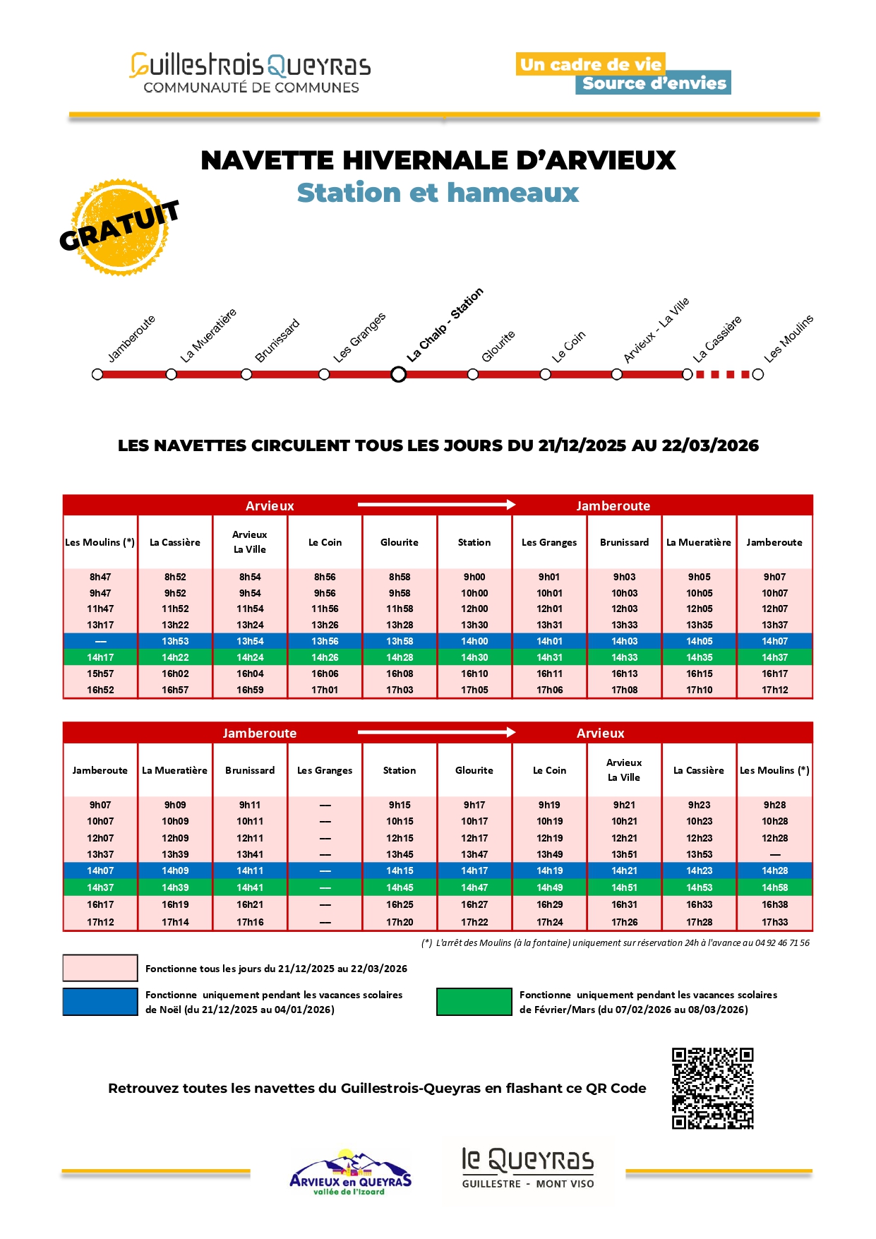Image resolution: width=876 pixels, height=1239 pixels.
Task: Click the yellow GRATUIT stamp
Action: [x=120, y=227]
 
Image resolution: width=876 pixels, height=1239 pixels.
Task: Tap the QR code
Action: [x=712, y=1088]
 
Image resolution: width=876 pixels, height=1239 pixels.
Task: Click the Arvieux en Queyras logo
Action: [x=350, y=1172]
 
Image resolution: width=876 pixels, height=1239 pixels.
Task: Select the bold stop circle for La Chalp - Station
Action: [x=398, y=374]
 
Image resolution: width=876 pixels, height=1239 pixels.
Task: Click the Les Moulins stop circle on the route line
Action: [x=758, y=374]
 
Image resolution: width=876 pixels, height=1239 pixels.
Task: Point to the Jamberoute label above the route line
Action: [x=131, y=340]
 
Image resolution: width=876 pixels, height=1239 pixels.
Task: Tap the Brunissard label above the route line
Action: [x=277, y=341]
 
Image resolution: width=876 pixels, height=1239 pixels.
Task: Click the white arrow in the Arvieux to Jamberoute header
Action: [x=436, y=505]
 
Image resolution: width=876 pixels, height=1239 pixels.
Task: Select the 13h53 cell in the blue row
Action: [x=175, y=641]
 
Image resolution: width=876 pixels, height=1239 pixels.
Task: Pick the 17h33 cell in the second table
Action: [x=774, y=922]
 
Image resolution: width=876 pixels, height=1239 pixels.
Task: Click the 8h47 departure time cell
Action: [x=100, y=577]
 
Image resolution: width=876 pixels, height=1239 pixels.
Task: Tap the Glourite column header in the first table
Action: [x=400, y=542]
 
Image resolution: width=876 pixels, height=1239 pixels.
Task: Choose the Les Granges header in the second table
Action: [x=325, y=770]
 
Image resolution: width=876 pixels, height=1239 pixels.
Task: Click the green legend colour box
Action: [x=474, y=1002]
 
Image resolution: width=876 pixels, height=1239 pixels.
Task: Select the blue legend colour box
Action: [x=100, y=1002]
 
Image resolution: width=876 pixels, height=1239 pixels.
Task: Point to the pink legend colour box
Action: [x=100, y=968]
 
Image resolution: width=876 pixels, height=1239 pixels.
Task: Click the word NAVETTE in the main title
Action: [x=267, y=160]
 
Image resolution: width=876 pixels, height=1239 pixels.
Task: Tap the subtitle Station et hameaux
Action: [x=438, y=193]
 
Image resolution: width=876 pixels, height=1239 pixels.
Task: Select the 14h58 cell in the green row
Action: [x=774, y=887]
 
